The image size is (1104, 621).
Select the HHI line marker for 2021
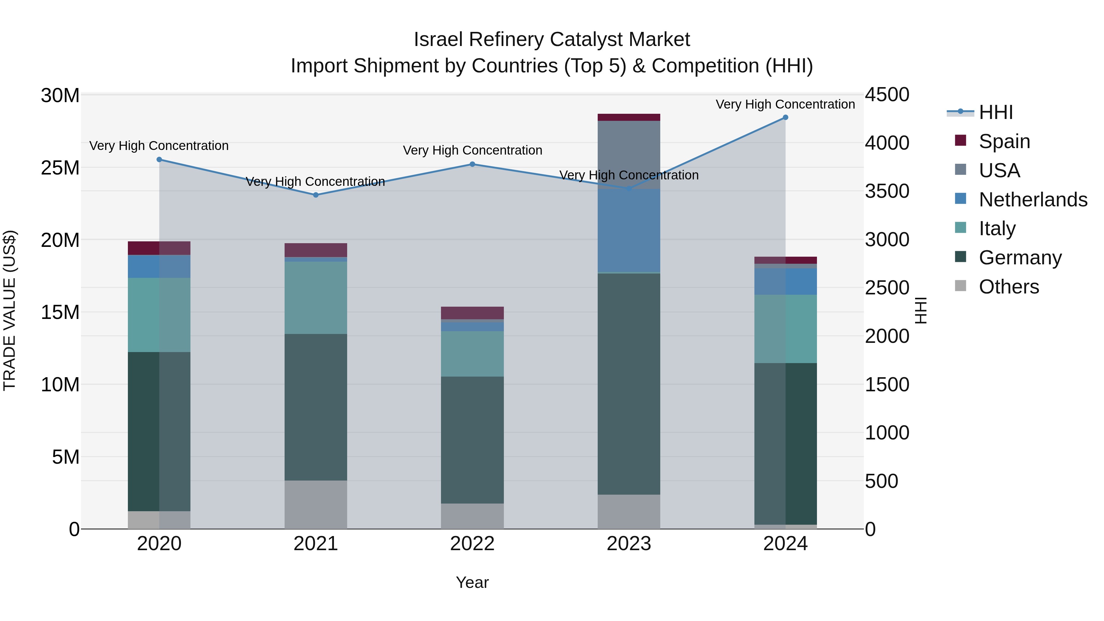click(x=316, y=195)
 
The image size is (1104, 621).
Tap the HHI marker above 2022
click(x=472, y=164)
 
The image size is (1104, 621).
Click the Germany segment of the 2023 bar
click(x=629, y=384)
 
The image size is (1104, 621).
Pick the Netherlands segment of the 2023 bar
click(x=629, y=231)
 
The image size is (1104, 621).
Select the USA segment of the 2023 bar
click(x=629, y=154)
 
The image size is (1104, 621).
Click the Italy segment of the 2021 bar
click(x=316, y=298)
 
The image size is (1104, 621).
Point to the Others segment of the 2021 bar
click(x=316, y=504)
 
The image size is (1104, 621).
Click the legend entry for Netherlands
click(x=1033, y=200)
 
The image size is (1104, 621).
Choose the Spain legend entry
click(x=1004, y=141)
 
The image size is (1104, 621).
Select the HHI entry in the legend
click(x=995, y=112)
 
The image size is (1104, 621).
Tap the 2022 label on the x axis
click(x=472, y=544)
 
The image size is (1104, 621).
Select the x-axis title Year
click(x=472, y=582)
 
